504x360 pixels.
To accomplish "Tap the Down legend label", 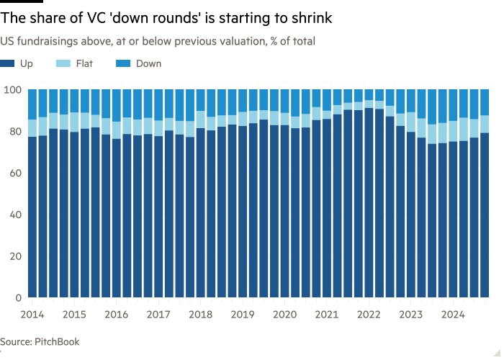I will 150,63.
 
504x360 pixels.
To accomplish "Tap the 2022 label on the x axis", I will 369,315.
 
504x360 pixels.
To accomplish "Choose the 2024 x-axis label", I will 454,315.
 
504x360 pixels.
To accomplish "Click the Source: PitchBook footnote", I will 40,343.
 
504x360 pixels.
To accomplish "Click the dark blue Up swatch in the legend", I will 7,63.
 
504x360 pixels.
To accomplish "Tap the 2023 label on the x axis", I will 411,315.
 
